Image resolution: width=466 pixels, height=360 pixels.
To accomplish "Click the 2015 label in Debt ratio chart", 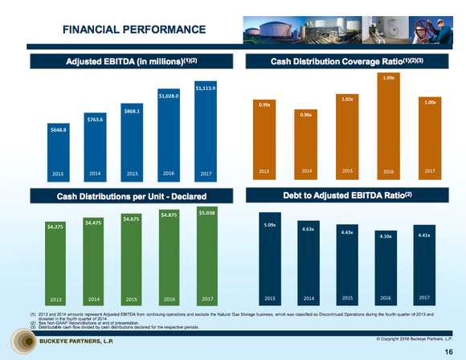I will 349,297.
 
